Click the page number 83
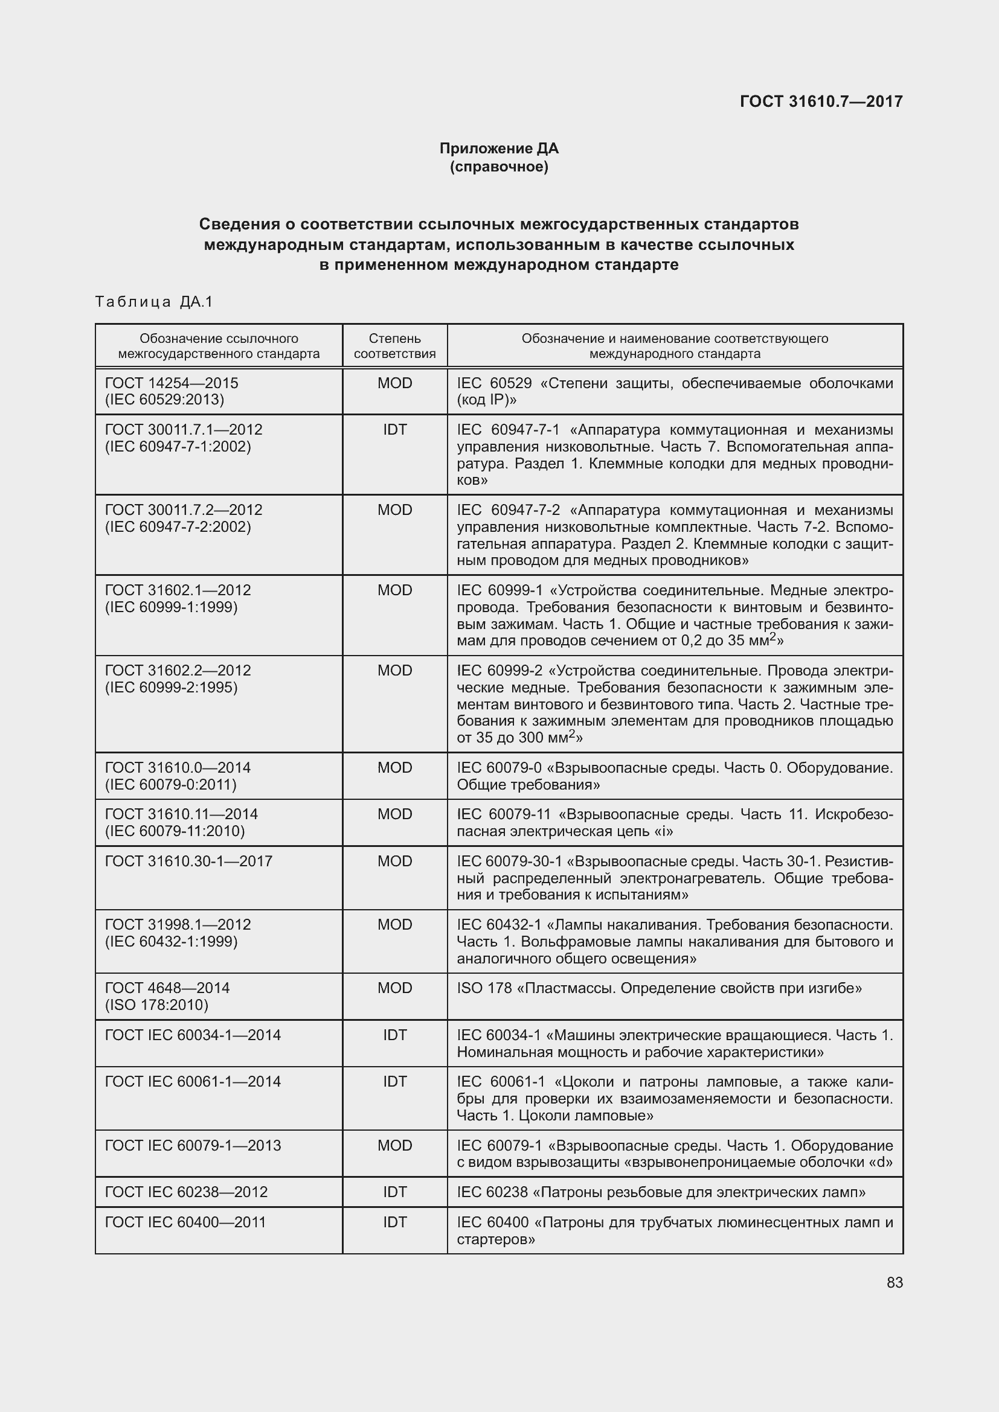(895, 1282)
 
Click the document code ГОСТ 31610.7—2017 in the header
(821, 101)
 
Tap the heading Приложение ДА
(499, 149)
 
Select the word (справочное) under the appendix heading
(499, 167)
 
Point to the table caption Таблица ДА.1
(154, 301)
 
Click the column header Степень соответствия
(395, 347)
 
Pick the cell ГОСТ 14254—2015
(172, 383)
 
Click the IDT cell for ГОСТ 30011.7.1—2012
(395, 430)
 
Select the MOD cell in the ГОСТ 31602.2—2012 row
(395, 670)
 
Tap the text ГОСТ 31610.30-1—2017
(188, 861)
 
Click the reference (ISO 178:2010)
(157, 1005)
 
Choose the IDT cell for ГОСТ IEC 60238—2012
(395, 1192)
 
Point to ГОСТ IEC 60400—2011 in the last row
(185, 1222)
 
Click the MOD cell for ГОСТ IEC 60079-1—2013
(395, 1145)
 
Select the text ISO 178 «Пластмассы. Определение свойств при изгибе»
(659, 988)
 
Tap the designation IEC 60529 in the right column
(494, 384)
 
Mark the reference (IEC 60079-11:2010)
(175, 831)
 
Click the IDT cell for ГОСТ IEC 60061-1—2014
(395, 1081)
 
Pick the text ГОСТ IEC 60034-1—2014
(193, 1035)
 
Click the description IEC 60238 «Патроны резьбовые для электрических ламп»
(661, 1192)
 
